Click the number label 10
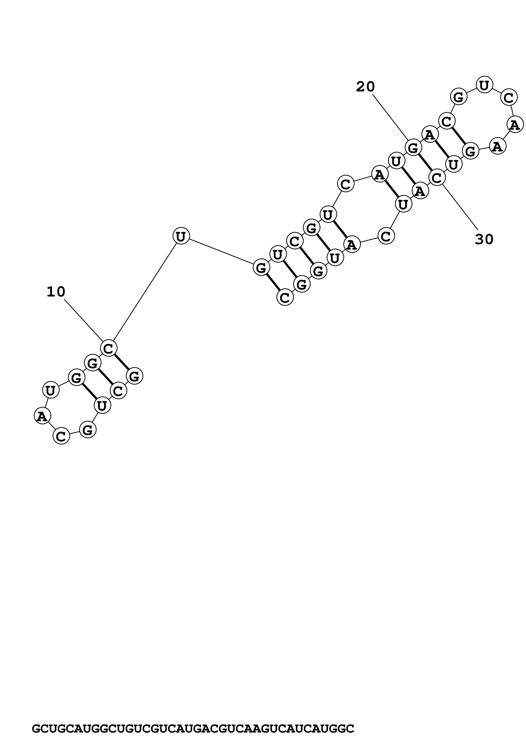(x=56, y=292)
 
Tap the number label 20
(x=365, y=87)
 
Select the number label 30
(x=484, y=239)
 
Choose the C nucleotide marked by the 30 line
(x=437, y=178)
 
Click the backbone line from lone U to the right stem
(x=220, y=251)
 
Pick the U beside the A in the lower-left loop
(x=51, y=390)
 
